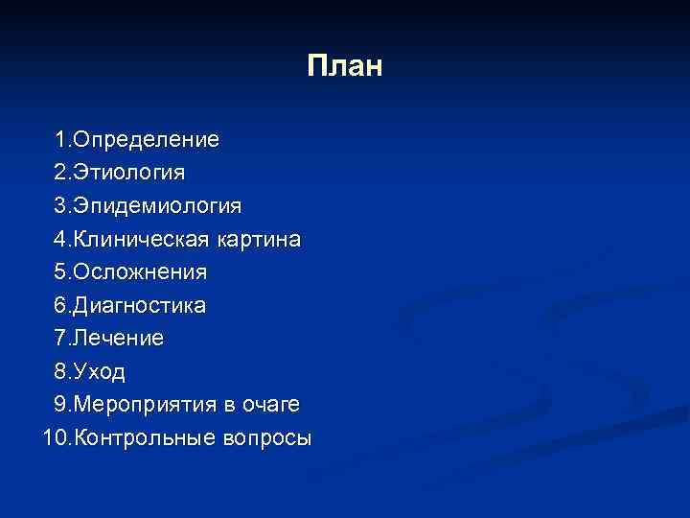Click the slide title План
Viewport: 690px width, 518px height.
345,66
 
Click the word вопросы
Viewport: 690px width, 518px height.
266,438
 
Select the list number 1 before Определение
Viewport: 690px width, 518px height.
60,139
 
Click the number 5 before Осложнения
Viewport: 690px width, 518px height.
60,272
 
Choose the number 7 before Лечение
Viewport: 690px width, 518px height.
60,339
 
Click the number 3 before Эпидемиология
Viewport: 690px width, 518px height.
60,205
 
